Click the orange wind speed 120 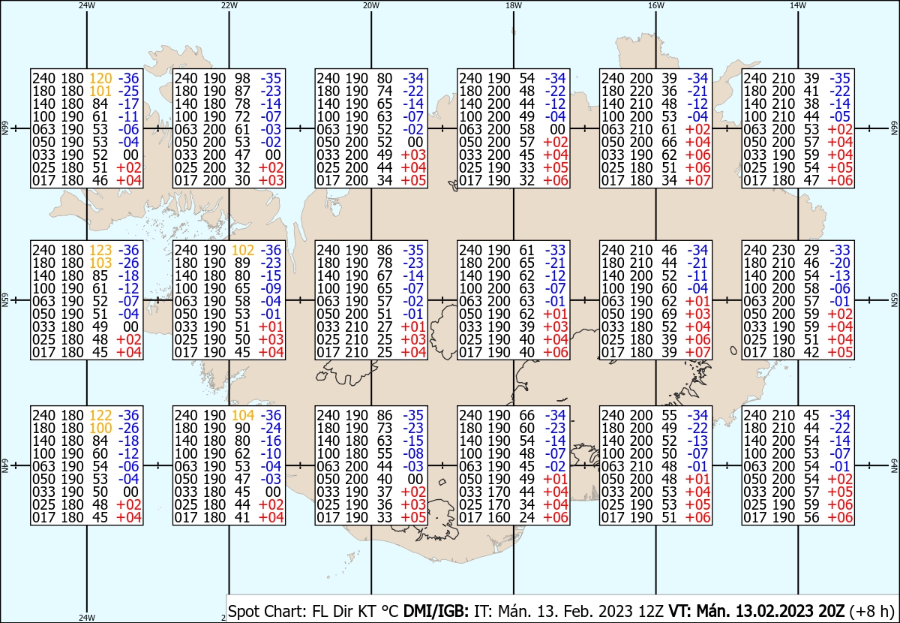point(100,78)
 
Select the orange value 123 point(100,250)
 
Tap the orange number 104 point(243,415)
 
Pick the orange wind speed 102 point(243,250)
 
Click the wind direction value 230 point(783,250)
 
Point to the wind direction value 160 point(499,518)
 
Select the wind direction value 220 point(640,92)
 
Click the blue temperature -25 point(128,92)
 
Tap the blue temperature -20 point(840,263)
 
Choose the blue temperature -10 point(271,453)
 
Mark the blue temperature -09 point(271,289)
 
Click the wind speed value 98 point(243,78)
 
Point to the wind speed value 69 point(669,314)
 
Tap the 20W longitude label point(371,6)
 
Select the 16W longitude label point(656,6)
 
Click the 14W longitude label point(798,6)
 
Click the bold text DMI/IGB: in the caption point(436,611)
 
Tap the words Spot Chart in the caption point(268,611)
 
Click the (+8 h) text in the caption point(871,611)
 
